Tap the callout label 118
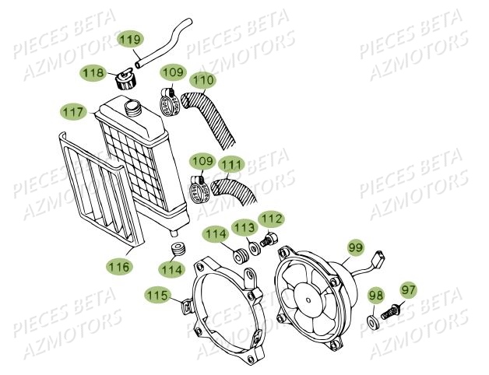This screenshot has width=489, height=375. click(x=94, y=72)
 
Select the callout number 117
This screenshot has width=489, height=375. click(x=74, y=112)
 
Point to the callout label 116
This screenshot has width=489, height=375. click(x=119, y=266)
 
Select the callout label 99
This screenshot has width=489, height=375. click(x=355, y=247)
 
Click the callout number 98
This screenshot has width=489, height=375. click(x=376, y=296)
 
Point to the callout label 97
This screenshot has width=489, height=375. click(x=409, y=289)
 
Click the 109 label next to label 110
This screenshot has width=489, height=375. click(x=172, y=73)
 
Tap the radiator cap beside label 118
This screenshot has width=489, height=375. click(x=125, y=80)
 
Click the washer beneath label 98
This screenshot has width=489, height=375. click(x=373, y=320)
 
